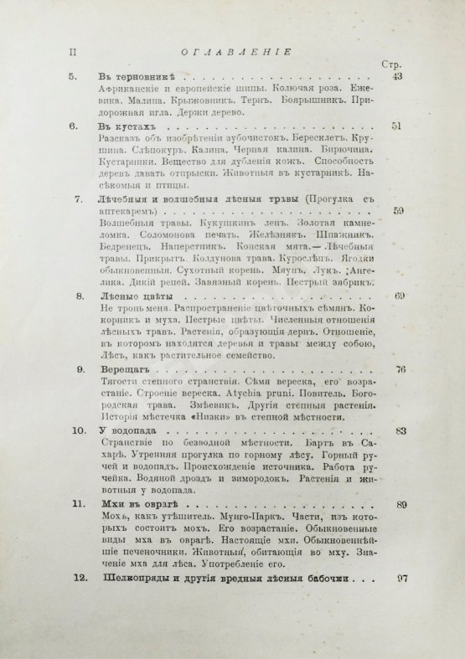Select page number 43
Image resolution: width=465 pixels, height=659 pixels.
click(x=398, y=77)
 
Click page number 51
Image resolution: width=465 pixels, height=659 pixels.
click(x=398, y=127)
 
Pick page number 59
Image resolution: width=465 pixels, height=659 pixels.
click(x=398, y=211)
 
